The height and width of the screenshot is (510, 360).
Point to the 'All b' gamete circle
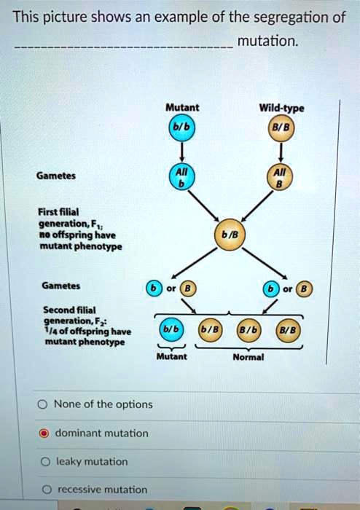181,177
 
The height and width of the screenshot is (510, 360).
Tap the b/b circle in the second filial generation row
168,331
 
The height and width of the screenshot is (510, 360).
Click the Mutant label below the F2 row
171,357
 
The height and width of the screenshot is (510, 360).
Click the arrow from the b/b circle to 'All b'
181,152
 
